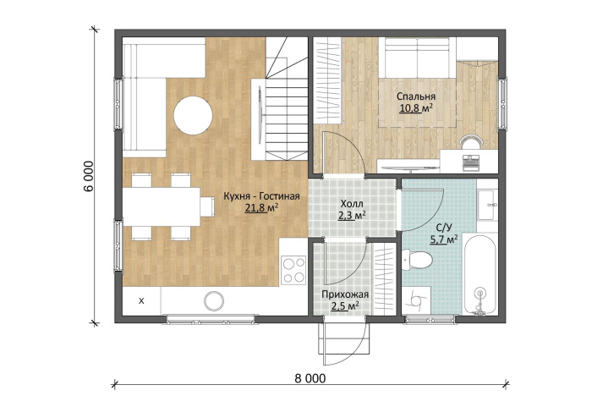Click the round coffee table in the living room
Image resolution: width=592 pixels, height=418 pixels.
tap(193, 116)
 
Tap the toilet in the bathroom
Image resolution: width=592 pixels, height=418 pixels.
tap(417, 260)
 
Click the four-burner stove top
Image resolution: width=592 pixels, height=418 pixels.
tap(294, 270)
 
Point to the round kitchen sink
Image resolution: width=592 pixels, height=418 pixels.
tap(214, 301)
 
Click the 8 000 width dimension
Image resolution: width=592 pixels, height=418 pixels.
tap(310, 378)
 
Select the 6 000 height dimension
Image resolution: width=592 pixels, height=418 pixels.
tap(88, 176)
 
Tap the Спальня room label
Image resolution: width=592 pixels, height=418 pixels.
tap(416, 96)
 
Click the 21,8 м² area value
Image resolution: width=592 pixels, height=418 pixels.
tap(261, 207)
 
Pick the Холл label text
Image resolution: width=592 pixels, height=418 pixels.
tap(352, 204)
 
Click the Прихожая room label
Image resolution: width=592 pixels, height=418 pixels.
tap(345, 294)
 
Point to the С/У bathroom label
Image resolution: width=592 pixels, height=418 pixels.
tap(444, 228)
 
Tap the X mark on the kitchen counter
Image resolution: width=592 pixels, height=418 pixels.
tap(141, 301)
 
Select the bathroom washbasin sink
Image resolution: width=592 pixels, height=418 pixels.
tap(487, 204)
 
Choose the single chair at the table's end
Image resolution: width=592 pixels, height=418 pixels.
tap(207, 206)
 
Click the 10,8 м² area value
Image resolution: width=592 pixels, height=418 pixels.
tap(416, 108)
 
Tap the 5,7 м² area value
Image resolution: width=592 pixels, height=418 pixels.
tap(444, 239)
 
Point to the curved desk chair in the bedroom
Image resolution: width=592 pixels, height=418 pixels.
tap(471, 140)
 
